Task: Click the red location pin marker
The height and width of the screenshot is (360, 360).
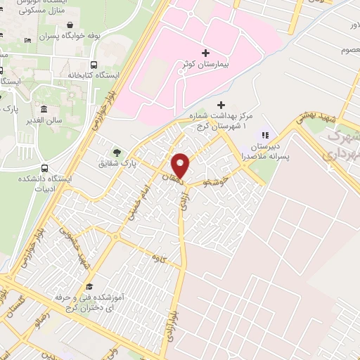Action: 181,165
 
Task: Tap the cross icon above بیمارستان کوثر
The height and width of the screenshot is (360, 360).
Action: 205,53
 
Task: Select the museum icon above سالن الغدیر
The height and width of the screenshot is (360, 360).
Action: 44,110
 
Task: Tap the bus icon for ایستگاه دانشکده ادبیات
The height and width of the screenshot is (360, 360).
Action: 45,169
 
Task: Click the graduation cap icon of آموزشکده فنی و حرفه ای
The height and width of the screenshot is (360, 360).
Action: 89,286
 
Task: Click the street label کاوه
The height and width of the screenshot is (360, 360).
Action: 157,257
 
